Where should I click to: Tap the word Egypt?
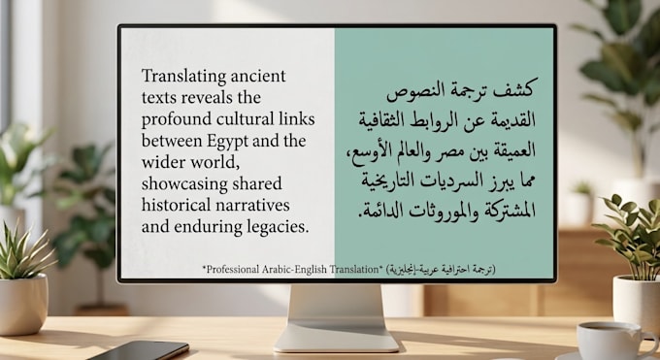[227, 142]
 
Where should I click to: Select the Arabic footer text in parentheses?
[441, 270]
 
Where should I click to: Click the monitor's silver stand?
[336, 318]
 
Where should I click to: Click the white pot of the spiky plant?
[23, 304]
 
